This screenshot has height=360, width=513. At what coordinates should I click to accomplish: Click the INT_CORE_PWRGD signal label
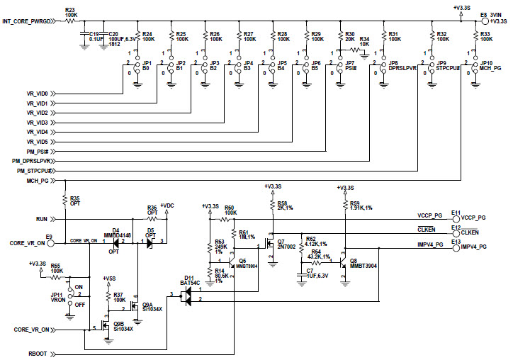click(x=31, y=23)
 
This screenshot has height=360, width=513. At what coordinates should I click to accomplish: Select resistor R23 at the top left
click(x=71, y=21)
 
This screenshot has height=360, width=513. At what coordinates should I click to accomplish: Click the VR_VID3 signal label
click(x=38, y=123)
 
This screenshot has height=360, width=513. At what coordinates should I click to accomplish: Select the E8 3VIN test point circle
click(x=483, y=21)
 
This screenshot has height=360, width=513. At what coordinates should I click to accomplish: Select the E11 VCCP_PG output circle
click(x=456, y=218)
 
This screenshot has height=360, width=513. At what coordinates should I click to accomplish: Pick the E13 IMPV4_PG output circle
click(x=456, y=246)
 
